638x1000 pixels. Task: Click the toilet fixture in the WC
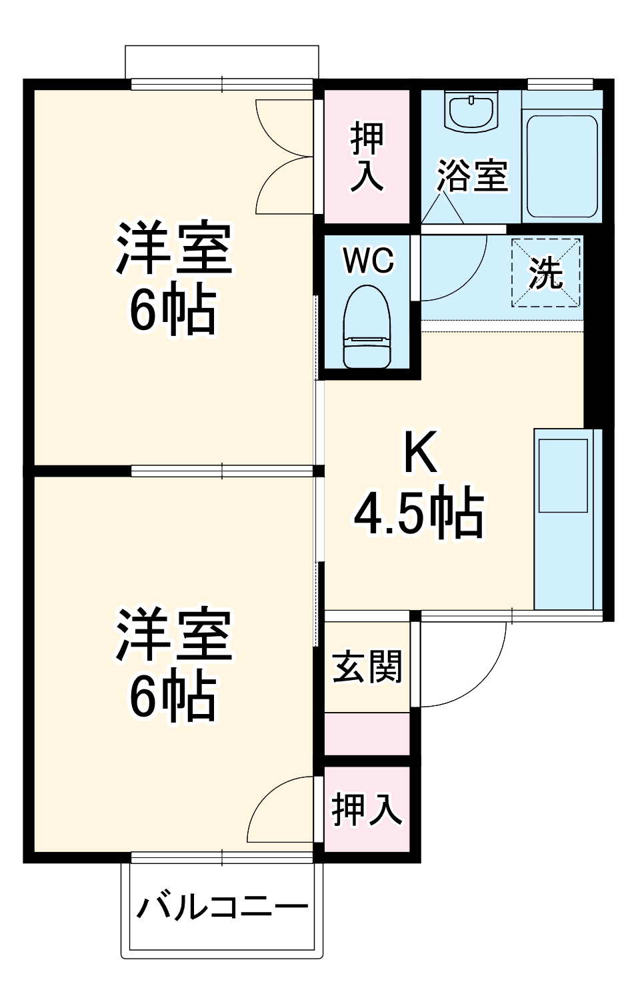[x=366, y=327]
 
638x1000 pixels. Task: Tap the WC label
[x=368, y=261]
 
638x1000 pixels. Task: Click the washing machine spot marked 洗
[x=546, y=272]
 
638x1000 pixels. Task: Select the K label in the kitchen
[x=421, y=453]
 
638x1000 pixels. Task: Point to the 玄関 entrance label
[x=367, y=667]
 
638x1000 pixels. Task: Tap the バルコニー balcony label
[x=223, y=907]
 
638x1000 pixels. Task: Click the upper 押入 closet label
[x=367, y=157]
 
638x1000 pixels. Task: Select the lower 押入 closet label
[x=367, y=809]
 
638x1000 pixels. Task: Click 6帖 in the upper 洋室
[x=173, y=310]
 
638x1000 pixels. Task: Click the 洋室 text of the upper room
[x=174, y=248]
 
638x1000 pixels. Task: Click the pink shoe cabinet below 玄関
[x=367, y=734]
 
